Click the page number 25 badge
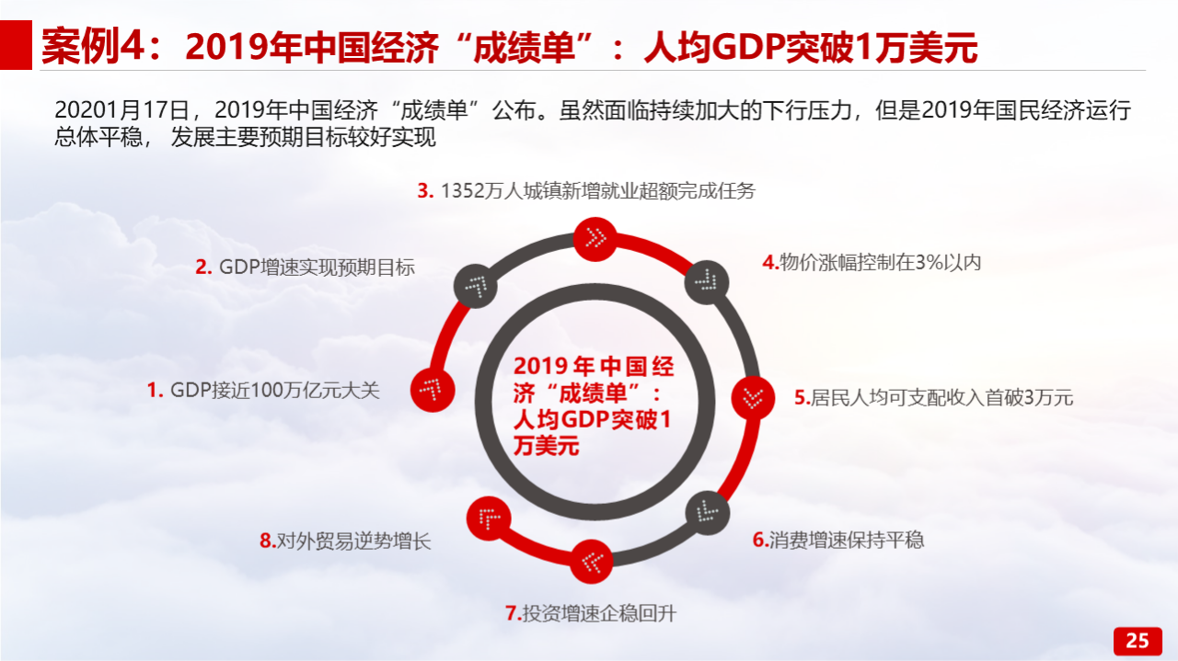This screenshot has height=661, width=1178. pyautogui.click(x=1138, y=641)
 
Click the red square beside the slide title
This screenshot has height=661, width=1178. pyautogui.click(x=16, y=45)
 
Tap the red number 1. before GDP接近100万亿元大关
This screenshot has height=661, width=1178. pyautogui.click(x=156, y=391)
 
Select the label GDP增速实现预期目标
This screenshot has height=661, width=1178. pyautogui.click(x=317, y=268)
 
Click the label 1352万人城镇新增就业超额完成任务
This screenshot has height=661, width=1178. pyautogui.click(x=598, y=190)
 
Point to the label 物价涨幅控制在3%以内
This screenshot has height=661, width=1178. pyautogui.click(x=881, y=262)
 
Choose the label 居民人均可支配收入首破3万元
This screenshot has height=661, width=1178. pyautogui.click(x=941, y=398)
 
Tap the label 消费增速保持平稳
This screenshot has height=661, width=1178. pyautogui.click(x=846, y=540)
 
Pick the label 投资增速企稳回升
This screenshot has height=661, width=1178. pyautogui.click(x=599, y=613)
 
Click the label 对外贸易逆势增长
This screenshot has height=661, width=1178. pyautogui.click(x=353, y=541)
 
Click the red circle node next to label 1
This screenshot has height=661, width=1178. pyautogui.click(x=433, y=390)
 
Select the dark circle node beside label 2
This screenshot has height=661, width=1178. pyautogui.click(x=476, y=286)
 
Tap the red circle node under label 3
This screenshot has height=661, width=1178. pyautogui.click(x=595, y=239)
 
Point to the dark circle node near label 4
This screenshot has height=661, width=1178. pyautogui.click(x=707, y=282)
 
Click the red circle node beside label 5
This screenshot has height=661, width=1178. pyautogui.click(x=753, y=398)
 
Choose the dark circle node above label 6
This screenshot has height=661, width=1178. pyautogui.click(x=708, y=513)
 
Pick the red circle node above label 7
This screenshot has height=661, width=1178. pyautogui.click(x=592, y=561)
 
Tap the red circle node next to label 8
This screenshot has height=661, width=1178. pyautogui.click(x=489, y=519)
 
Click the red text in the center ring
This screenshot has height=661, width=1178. pyautogui.click(x=594, y=406)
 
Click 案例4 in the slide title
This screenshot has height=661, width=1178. pyautogui.click(x=93, y=46)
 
